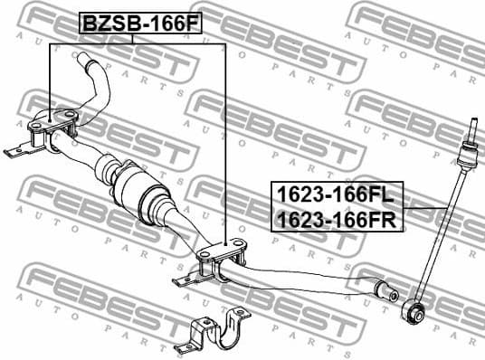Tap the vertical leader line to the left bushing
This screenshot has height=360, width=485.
coord(47,81)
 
